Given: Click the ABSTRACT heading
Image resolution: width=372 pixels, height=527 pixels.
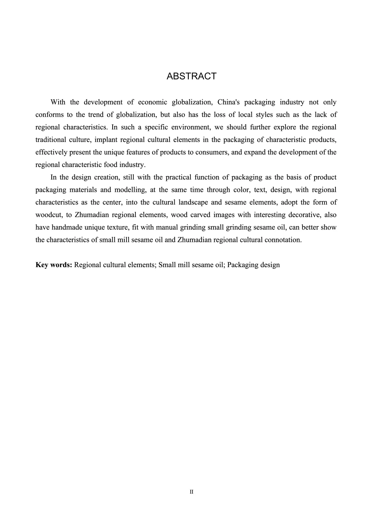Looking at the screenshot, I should [x=192, y=76].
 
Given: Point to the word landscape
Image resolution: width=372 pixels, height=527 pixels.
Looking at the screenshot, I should [x=193, y=202].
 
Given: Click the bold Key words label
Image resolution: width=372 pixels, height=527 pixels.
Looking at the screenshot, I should [x=54, y=265].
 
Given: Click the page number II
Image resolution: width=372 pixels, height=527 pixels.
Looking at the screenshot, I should [x=192, y=492].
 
